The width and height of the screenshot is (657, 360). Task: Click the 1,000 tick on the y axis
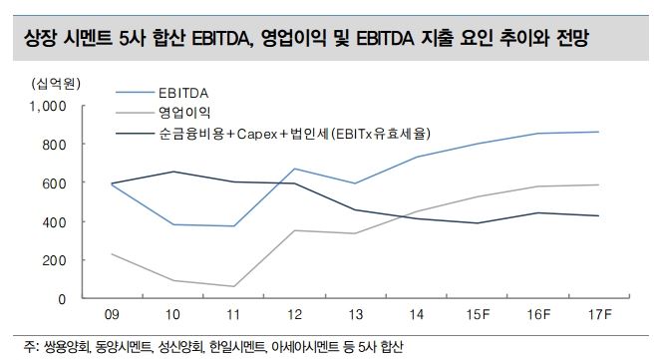coord(48,106)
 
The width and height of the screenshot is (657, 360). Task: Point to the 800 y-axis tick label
coord(53,145)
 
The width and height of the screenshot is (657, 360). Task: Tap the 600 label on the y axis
coord(53,183)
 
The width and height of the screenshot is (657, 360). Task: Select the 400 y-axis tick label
coord(53,221)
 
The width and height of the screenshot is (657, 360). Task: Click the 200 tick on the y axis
coord(53,260)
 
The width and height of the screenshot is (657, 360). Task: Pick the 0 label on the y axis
coord(61,299)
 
